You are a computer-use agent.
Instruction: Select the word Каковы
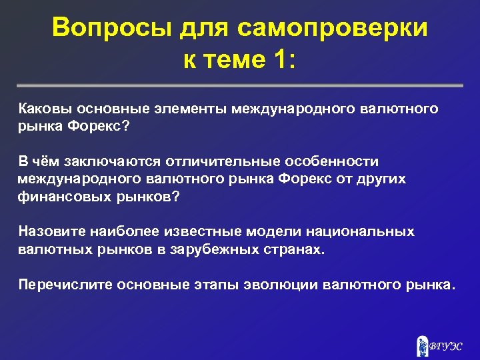44,109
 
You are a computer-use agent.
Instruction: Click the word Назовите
51,232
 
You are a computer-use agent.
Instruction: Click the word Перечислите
65,285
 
